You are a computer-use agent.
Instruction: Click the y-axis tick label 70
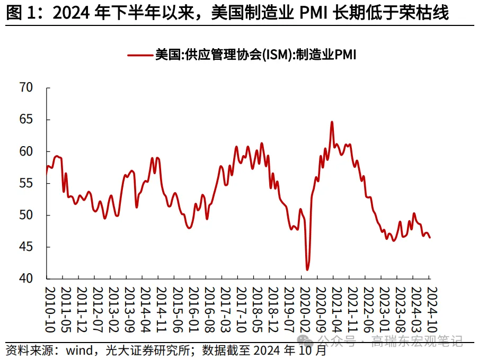click(26, 88)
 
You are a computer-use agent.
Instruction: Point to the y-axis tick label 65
click(26, 120)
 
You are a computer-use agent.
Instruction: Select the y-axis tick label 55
click(26, 183)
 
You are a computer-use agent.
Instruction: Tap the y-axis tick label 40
click(26, 278)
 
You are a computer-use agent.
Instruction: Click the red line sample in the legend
click(139, 55)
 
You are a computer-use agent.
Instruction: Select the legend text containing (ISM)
click(254, 55)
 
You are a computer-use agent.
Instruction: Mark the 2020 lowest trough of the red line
click(307, 270)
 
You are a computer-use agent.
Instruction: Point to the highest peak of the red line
click(332, 122)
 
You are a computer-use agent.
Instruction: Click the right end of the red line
click(429, 238)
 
